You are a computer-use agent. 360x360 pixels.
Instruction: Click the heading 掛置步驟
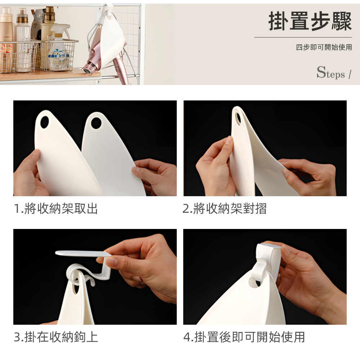(x=310, y=21)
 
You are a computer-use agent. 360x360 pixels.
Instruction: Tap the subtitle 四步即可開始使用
(x=324, y=47)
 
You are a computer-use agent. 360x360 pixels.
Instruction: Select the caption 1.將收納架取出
(x=56, y=208)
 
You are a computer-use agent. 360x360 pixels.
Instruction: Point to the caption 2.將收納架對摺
(x=225, y=208)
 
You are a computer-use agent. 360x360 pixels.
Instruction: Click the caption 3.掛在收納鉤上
(x=56, y=337)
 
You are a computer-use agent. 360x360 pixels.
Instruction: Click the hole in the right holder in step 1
(x=96, y=123)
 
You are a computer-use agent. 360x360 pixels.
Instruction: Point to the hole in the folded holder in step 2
(x=238, y=117)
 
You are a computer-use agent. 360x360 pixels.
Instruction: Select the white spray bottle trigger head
(x=60, y=29)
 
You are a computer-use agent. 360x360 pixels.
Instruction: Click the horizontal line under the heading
(x=303, y=37)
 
